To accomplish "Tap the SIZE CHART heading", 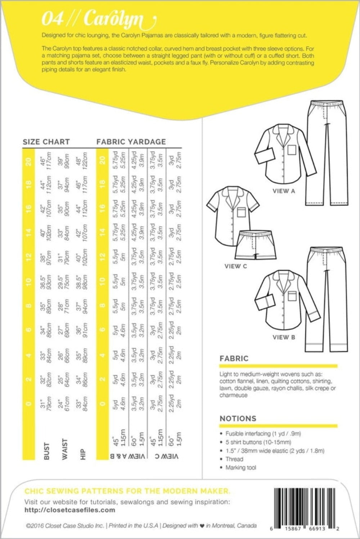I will click(46, 142).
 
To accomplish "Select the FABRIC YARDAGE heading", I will click(131, 142).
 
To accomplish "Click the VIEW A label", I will click(283, 191).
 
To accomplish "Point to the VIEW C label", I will click(235, 266).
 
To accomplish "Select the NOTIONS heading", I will click(238, 418).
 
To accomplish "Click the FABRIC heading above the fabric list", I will click(234, 358).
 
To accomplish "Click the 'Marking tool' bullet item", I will click(240, 467).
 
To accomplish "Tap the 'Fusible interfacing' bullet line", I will click(263, 434).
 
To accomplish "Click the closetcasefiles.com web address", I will click(70, 509).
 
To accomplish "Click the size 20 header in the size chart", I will click(29, 160).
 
